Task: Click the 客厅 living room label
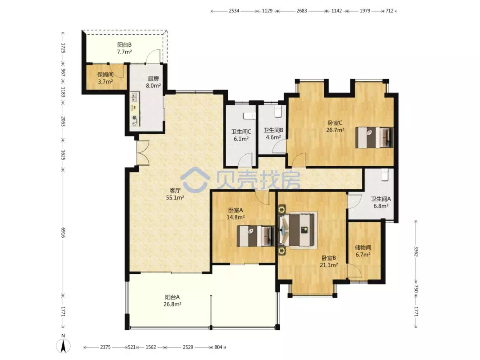pyautogui.click(x=175, y=190)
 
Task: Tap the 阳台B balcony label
pyautogui.click(x=124, y=45)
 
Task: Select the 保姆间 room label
pyautogui.click(x=105, y=74)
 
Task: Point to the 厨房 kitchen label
pyautogui.click(x=153, y=78)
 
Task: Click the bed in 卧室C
pyautogui.click(x=374, y=137)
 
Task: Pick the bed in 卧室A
pyautogui.click(x=256, y=236)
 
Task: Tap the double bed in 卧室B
pyautogui.click(x=297, y=230)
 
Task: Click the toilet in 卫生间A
pyautogui.click(x=384, y=175)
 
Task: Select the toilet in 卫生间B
pyautogui.click(x=278, y=112)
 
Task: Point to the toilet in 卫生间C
pyautogui.click(x=249, y=116)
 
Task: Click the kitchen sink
pyautogui.click(x=134, y=97)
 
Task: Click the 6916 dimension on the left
pyautogui.click(x=63, y=232)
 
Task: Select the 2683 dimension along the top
pyautogui.click(x=301, y=11)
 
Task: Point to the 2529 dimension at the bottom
pyautogui.click(x=188, y=347)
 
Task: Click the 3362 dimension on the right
pyautogui.click(x=416, y=251)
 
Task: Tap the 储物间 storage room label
pyautogui.click(x=363, y=248)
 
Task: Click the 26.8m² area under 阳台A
pyautogui.click(x=172, y=304)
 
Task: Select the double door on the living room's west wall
pyautogui.click(x=143, y=153)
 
